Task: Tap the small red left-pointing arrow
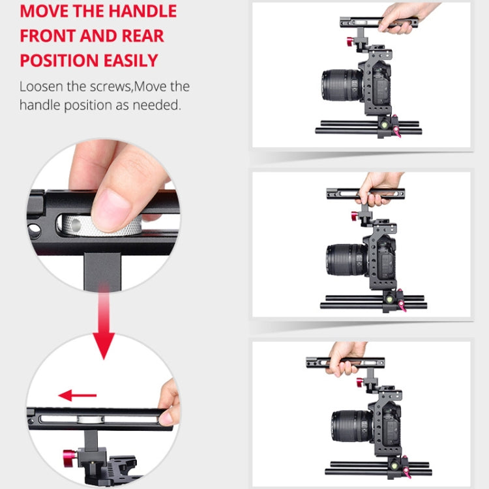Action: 76,395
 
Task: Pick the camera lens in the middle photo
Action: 344,259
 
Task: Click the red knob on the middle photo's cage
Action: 355,216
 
